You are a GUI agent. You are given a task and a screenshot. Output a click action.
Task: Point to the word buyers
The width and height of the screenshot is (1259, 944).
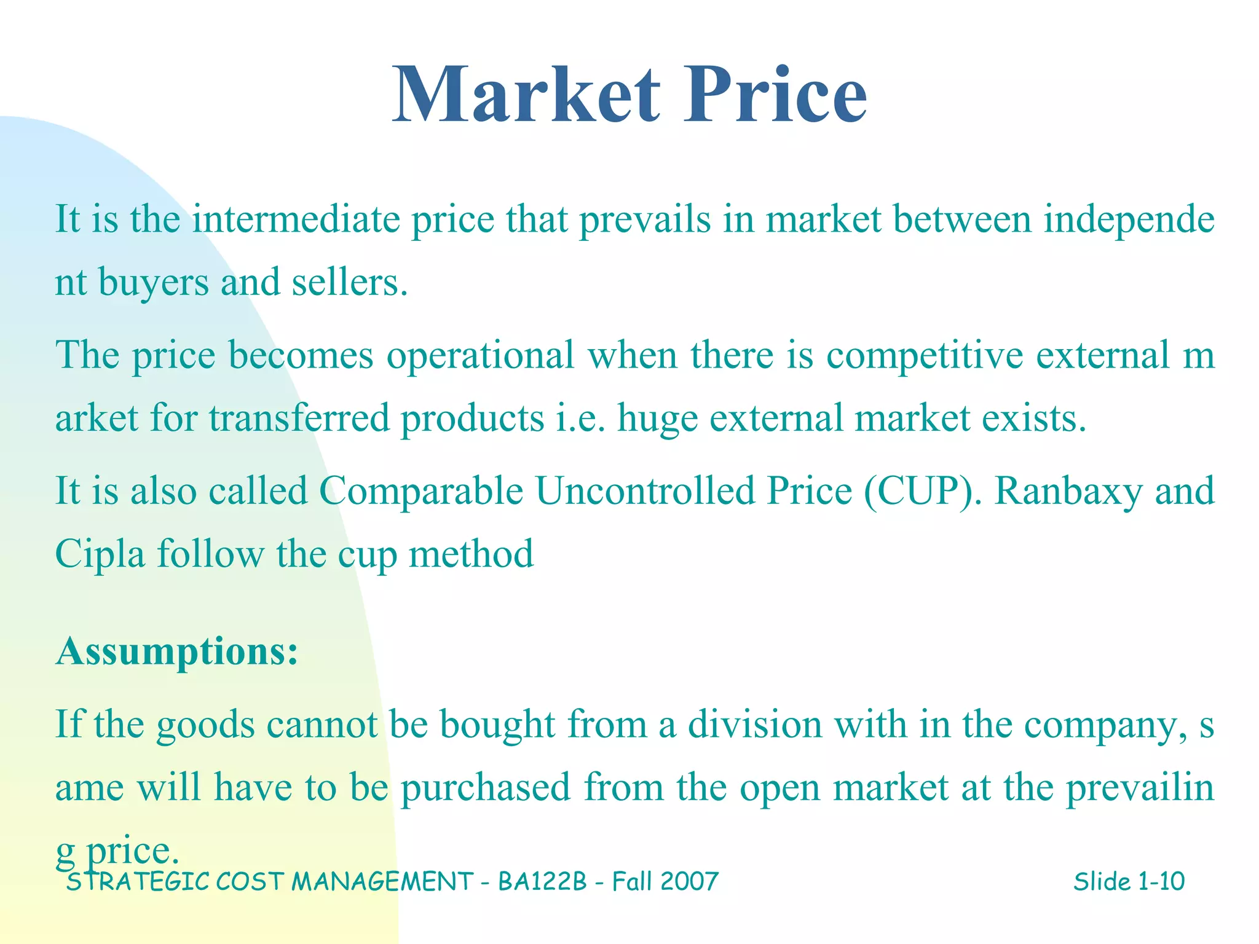[x=154, y=283]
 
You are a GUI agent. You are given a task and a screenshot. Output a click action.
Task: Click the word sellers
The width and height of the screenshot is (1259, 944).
[x=349, y=283]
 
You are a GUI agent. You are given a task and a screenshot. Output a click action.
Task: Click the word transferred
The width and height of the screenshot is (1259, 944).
[x=299, y=419]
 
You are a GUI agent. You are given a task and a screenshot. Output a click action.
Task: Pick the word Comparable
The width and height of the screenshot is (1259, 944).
[x=421, y=491]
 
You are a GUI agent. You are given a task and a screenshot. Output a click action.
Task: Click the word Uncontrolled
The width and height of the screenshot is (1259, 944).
[x=645, y=491]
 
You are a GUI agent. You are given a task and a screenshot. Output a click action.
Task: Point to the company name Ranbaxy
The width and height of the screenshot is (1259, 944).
[x=1068, y=491]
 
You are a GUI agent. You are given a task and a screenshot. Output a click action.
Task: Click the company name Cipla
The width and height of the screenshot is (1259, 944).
[x=100, y=554]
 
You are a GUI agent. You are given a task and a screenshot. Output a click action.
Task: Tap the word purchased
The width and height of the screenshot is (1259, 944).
[x=486, y=787]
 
